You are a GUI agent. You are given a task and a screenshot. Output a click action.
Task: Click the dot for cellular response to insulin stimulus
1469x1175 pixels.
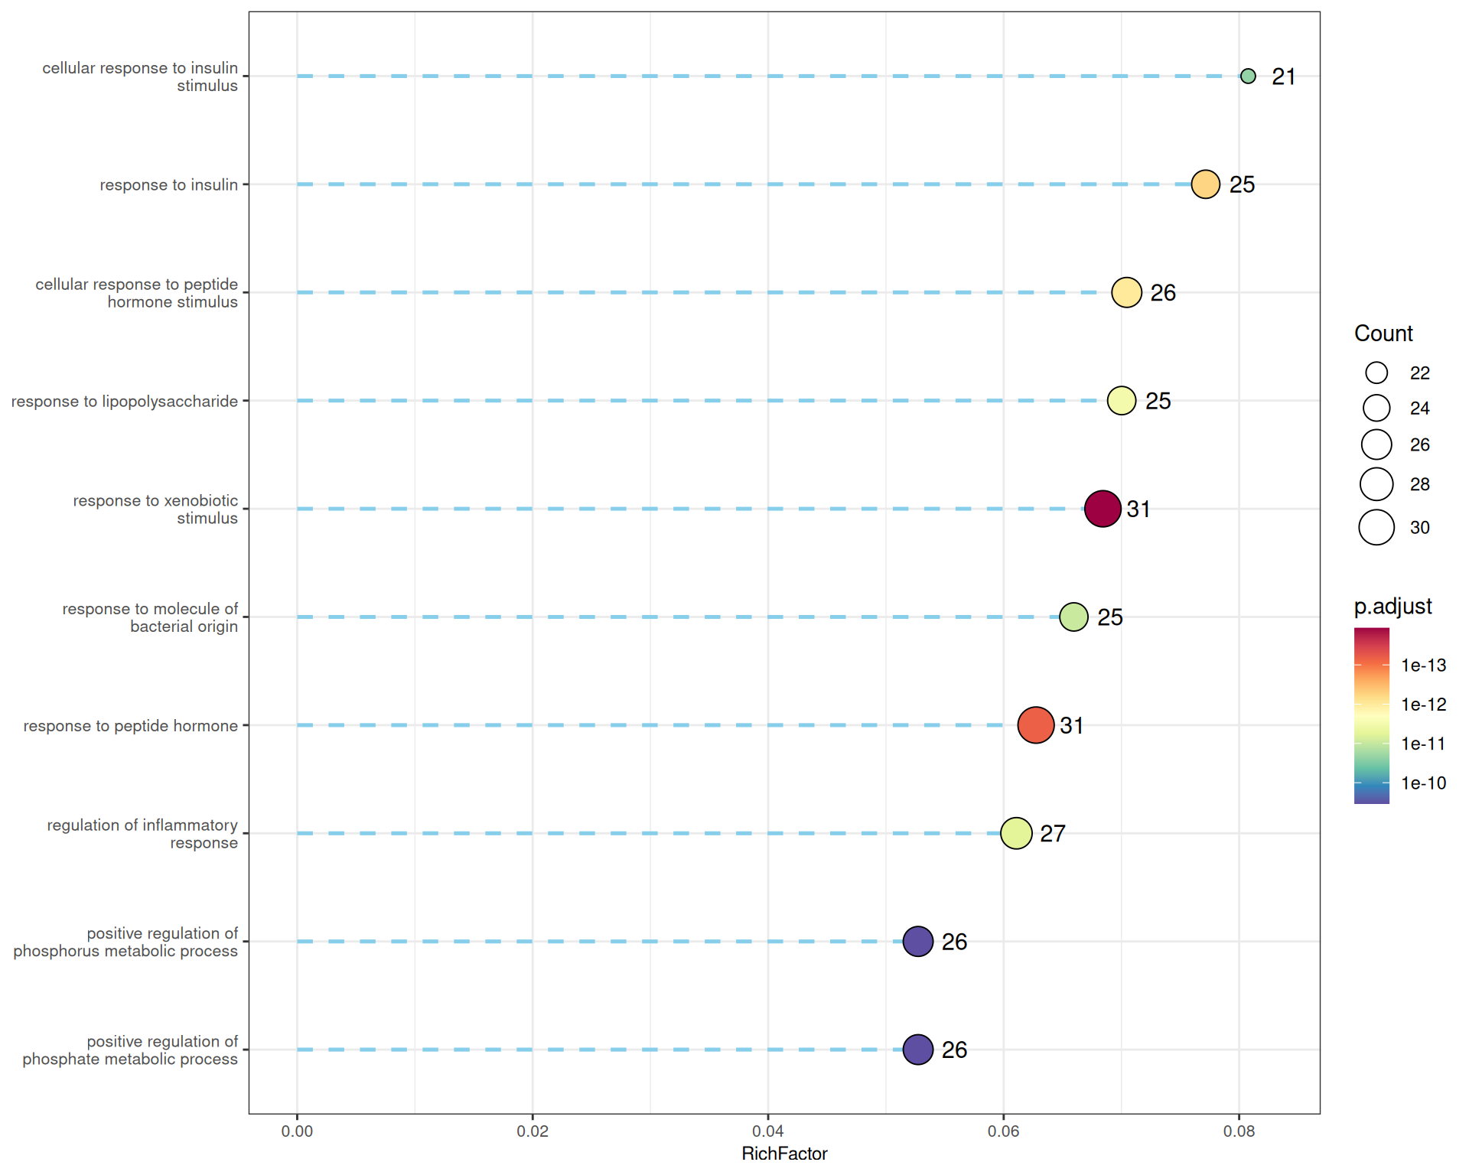tap(1248, 76)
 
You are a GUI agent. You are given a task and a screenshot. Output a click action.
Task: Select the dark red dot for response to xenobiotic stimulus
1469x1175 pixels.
tap(1103, 509)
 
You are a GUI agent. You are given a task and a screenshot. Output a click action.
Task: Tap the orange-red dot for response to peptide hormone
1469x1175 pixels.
tap(1036, 725)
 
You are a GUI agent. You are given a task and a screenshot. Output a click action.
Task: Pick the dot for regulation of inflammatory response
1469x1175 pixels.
tap(1016, 833)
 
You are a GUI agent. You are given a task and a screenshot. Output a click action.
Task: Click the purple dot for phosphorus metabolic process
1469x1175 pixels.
tap(918, 942)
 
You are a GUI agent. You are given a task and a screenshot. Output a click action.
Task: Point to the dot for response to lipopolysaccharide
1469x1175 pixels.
tap(1122, 401)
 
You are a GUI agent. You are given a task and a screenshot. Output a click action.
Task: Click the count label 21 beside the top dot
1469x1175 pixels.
tap(1283, 76)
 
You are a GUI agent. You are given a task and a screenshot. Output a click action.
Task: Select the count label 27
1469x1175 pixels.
tap(1053, 834)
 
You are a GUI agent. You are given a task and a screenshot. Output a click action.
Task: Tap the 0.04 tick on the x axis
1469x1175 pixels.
tap(767, 1131)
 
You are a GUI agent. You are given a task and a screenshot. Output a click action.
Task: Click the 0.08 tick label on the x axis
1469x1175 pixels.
tap(1239, 1131)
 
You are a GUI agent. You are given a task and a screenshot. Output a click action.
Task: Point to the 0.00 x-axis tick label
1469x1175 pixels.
tap(297, 1131)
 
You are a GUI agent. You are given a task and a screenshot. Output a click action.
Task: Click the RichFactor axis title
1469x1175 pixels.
tap(784, 1154)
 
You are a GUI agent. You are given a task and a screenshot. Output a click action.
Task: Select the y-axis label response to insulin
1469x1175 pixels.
tap(168, 185)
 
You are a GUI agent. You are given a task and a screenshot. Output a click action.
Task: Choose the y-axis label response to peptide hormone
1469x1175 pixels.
tap(130, 726)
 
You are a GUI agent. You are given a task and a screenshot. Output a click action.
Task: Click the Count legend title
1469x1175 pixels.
tap(1383, 334)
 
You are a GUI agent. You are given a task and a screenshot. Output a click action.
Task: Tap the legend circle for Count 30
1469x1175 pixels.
tap(1376, 527)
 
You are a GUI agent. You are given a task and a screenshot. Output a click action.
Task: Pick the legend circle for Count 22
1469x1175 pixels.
tap(1376, 373)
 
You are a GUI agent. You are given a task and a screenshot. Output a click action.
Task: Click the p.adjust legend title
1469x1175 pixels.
tap(1392, 607)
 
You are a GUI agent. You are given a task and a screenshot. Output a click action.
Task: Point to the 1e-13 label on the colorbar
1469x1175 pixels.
tap(1423, 666)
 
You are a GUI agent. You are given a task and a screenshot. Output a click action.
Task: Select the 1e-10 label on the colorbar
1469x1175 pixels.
tap(1423, 783)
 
